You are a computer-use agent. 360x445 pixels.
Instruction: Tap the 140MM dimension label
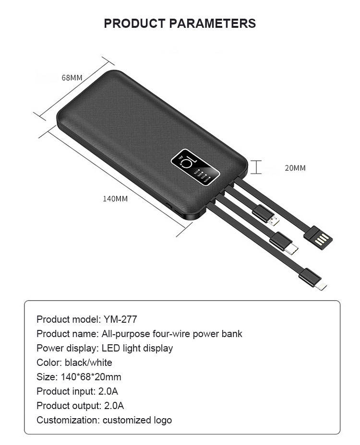pos(115,198)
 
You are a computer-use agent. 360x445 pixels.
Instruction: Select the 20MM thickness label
pos(295,168)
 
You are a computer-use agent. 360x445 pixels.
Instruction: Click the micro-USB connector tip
pos(274,221)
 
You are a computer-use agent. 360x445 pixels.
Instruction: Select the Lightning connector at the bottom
pos(321,286)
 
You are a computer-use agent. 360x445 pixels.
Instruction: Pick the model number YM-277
pos(120,319)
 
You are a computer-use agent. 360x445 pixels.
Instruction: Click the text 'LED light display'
pos(137,348)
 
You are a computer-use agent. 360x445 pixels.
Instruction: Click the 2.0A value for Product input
pos(108,391)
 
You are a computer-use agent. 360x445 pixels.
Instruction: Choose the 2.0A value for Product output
pos(114,406)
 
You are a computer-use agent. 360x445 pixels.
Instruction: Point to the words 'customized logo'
pos(137,420)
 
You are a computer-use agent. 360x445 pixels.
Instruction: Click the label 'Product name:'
pos(67,334)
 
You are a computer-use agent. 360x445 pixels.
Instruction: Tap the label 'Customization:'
pos(68,420)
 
